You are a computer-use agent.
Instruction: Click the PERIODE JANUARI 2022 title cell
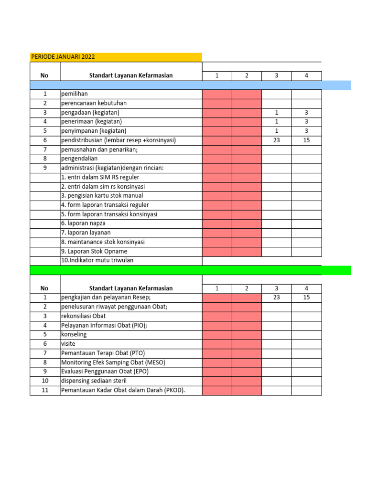(63, 57)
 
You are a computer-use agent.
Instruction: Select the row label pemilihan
(74, 94)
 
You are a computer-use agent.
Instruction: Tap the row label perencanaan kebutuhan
(94, 103)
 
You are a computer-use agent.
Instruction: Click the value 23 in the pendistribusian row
(276, 140)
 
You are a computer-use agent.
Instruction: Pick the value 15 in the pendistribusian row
(306, 140)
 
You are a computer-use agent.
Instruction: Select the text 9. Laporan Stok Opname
(94, 251)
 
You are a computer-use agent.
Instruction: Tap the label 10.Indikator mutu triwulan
(97, 260)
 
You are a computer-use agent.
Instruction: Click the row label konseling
(74, 334)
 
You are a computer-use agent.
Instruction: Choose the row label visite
(68, 343)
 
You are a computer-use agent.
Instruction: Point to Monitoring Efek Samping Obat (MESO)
(113, 362)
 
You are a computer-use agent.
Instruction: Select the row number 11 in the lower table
(45, 390)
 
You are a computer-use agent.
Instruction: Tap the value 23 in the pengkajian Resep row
(276, 297)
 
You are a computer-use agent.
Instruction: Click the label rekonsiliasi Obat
(84, 316)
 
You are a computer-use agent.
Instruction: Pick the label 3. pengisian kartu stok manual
(102, 196)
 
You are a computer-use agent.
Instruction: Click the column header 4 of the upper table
(306, 75)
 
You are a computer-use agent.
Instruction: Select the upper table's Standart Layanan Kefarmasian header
(131, 75)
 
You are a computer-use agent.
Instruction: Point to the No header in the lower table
(45, 288)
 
